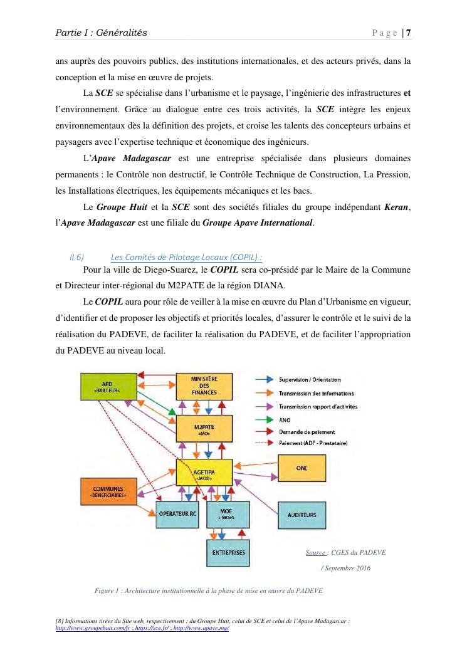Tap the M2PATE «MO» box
pyautogui.click(x=204, y=429)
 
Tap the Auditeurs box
pyautogui.click(x=302, y=515)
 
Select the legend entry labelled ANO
pyautogui.click(x=285, y=419)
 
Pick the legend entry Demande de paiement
pyautogui.click(x=307, y=432)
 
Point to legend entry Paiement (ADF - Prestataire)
pyautogui.click(x=313, y=444)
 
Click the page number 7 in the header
pyautogui.click(x=408, y=33)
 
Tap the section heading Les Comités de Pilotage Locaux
pyautogui.click(x=186, y=256)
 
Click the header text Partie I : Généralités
pyautogui.click(x=102, y=33)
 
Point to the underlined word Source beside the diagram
pyautogui.click(x=315, y=552)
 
